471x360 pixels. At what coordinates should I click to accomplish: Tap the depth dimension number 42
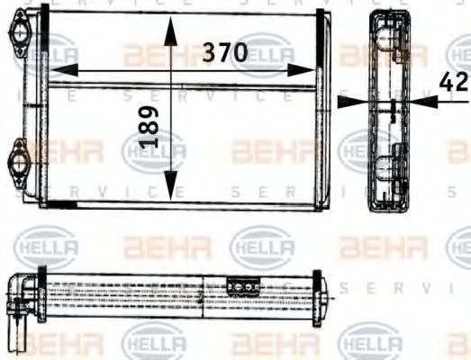[454, 82]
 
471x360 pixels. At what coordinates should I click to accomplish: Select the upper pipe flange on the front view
[20, 36]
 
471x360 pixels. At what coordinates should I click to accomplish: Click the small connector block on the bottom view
[240, 285]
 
